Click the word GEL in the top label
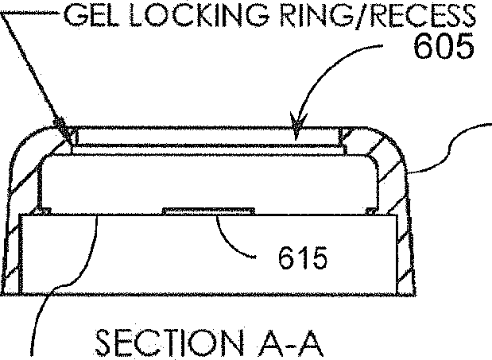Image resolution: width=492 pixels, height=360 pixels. [91, 15]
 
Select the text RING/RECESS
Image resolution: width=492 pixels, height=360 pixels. [378, 15]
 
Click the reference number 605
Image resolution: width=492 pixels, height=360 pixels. [444, 46]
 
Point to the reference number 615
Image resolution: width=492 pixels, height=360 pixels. [303, 258]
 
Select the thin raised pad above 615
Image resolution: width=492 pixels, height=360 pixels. [208, 211]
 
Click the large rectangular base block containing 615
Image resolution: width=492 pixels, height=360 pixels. [208, 254]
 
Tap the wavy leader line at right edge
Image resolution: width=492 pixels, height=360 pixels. [449, 147]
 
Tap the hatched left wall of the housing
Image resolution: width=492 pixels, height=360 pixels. [13, 219]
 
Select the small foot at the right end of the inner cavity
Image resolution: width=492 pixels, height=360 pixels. [371, 211]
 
